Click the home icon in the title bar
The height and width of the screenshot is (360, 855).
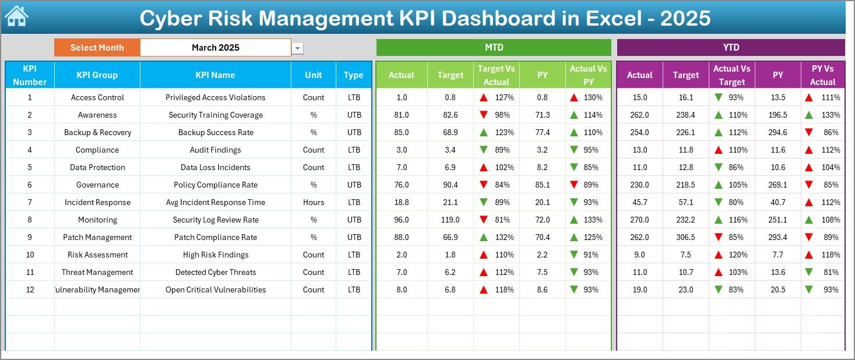16,16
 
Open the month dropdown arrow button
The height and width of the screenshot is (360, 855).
298,48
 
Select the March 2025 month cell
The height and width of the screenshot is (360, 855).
216,48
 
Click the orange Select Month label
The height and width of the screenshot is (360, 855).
97,48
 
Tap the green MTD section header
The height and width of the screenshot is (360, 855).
494,47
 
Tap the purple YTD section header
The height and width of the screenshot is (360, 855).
730,47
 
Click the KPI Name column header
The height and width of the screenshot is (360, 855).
215,75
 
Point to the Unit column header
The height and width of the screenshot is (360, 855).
314,75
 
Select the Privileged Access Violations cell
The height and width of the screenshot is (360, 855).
215,97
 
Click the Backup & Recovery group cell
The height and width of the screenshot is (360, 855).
97,132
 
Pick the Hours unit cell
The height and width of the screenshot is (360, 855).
314,202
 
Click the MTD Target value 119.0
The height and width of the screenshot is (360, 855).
450,220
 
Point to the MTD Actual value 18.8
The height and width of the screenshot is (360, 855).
402,202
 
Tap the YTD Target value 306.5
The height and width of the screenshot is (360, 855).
685,237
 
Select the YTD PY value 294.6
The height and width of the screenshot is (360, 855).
777,132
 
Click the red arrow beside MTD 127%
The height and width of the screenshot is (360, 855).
483,97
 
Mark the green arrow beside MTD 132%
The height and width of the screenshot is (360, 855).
483,237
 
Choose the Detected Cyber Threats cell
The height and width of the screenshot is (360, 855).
215,272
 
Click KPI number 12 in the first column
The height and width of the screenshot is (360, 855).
30,290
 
